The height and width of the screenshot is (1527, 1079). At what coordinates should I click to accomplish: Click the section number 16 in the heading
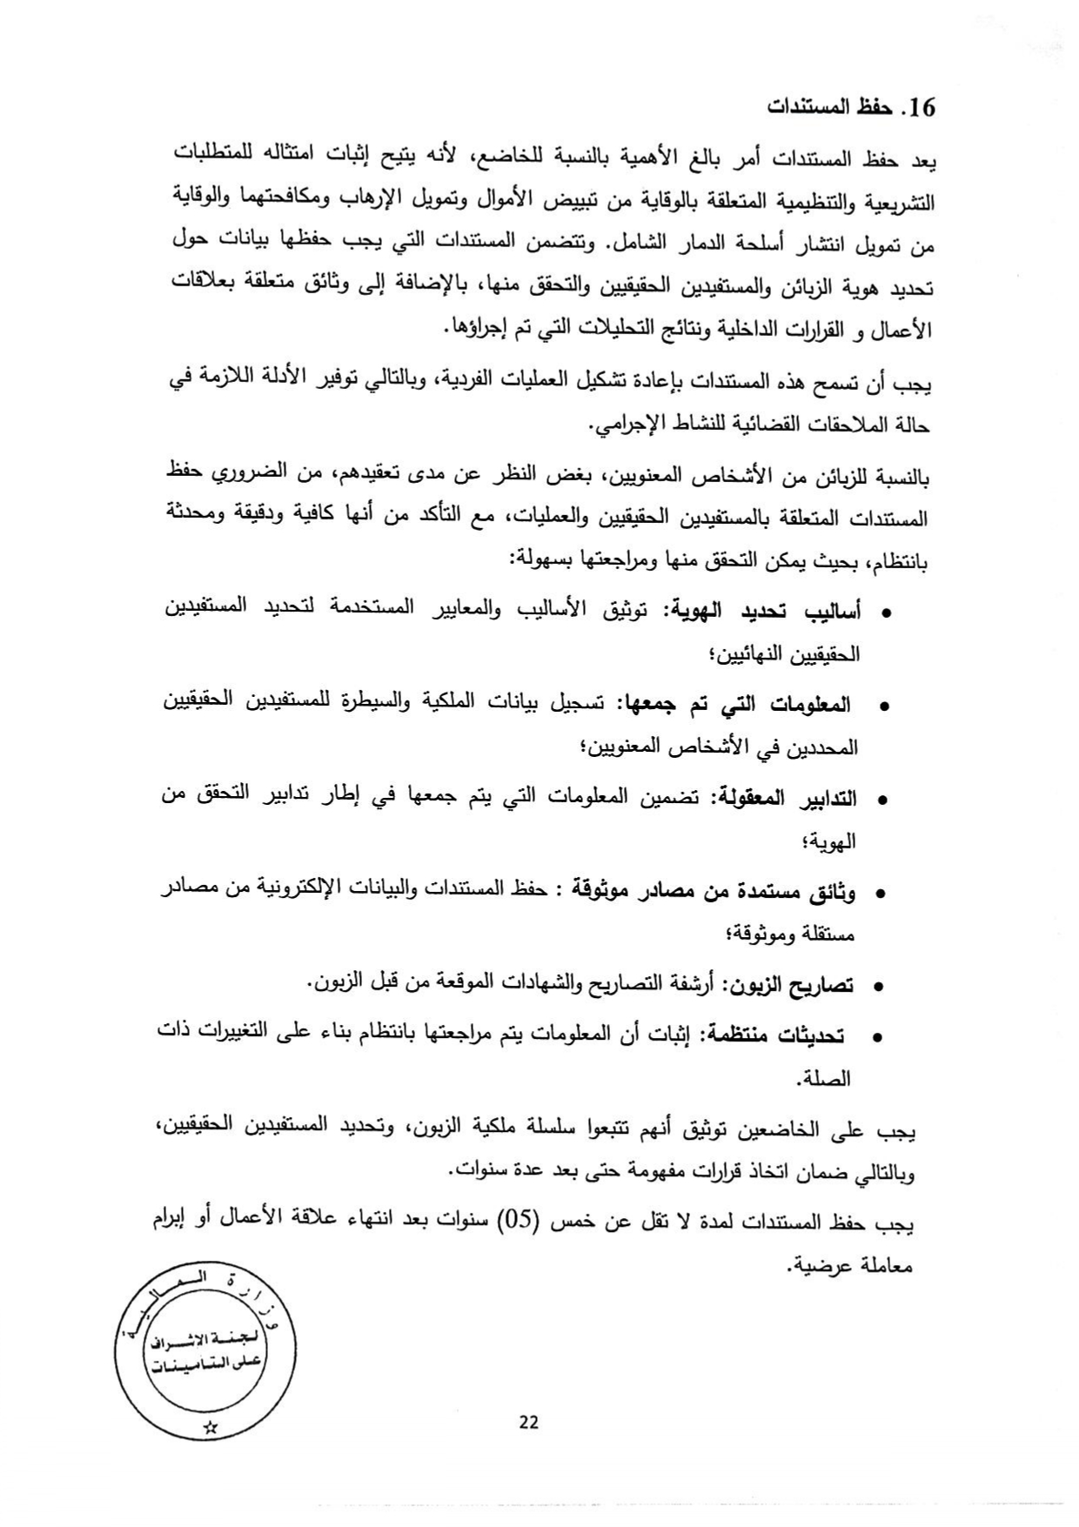(920, 108)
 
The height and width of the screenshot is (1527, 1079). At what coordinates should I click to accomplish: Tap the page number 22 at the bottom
(528, 1422)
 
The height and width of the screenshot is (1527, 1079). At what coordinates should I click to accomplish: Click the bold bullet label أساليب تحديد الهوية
(763, 611)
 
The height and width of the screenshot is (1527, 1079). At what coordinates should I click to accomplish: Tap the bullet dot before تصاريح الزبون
(878, 988)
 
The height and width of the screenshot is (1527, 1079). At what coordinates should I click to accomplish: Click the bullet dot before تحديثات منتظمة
(878, 1037)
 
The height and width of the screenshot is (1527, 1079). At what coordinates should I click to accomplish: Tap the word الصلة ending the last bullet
(826, 1080)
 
